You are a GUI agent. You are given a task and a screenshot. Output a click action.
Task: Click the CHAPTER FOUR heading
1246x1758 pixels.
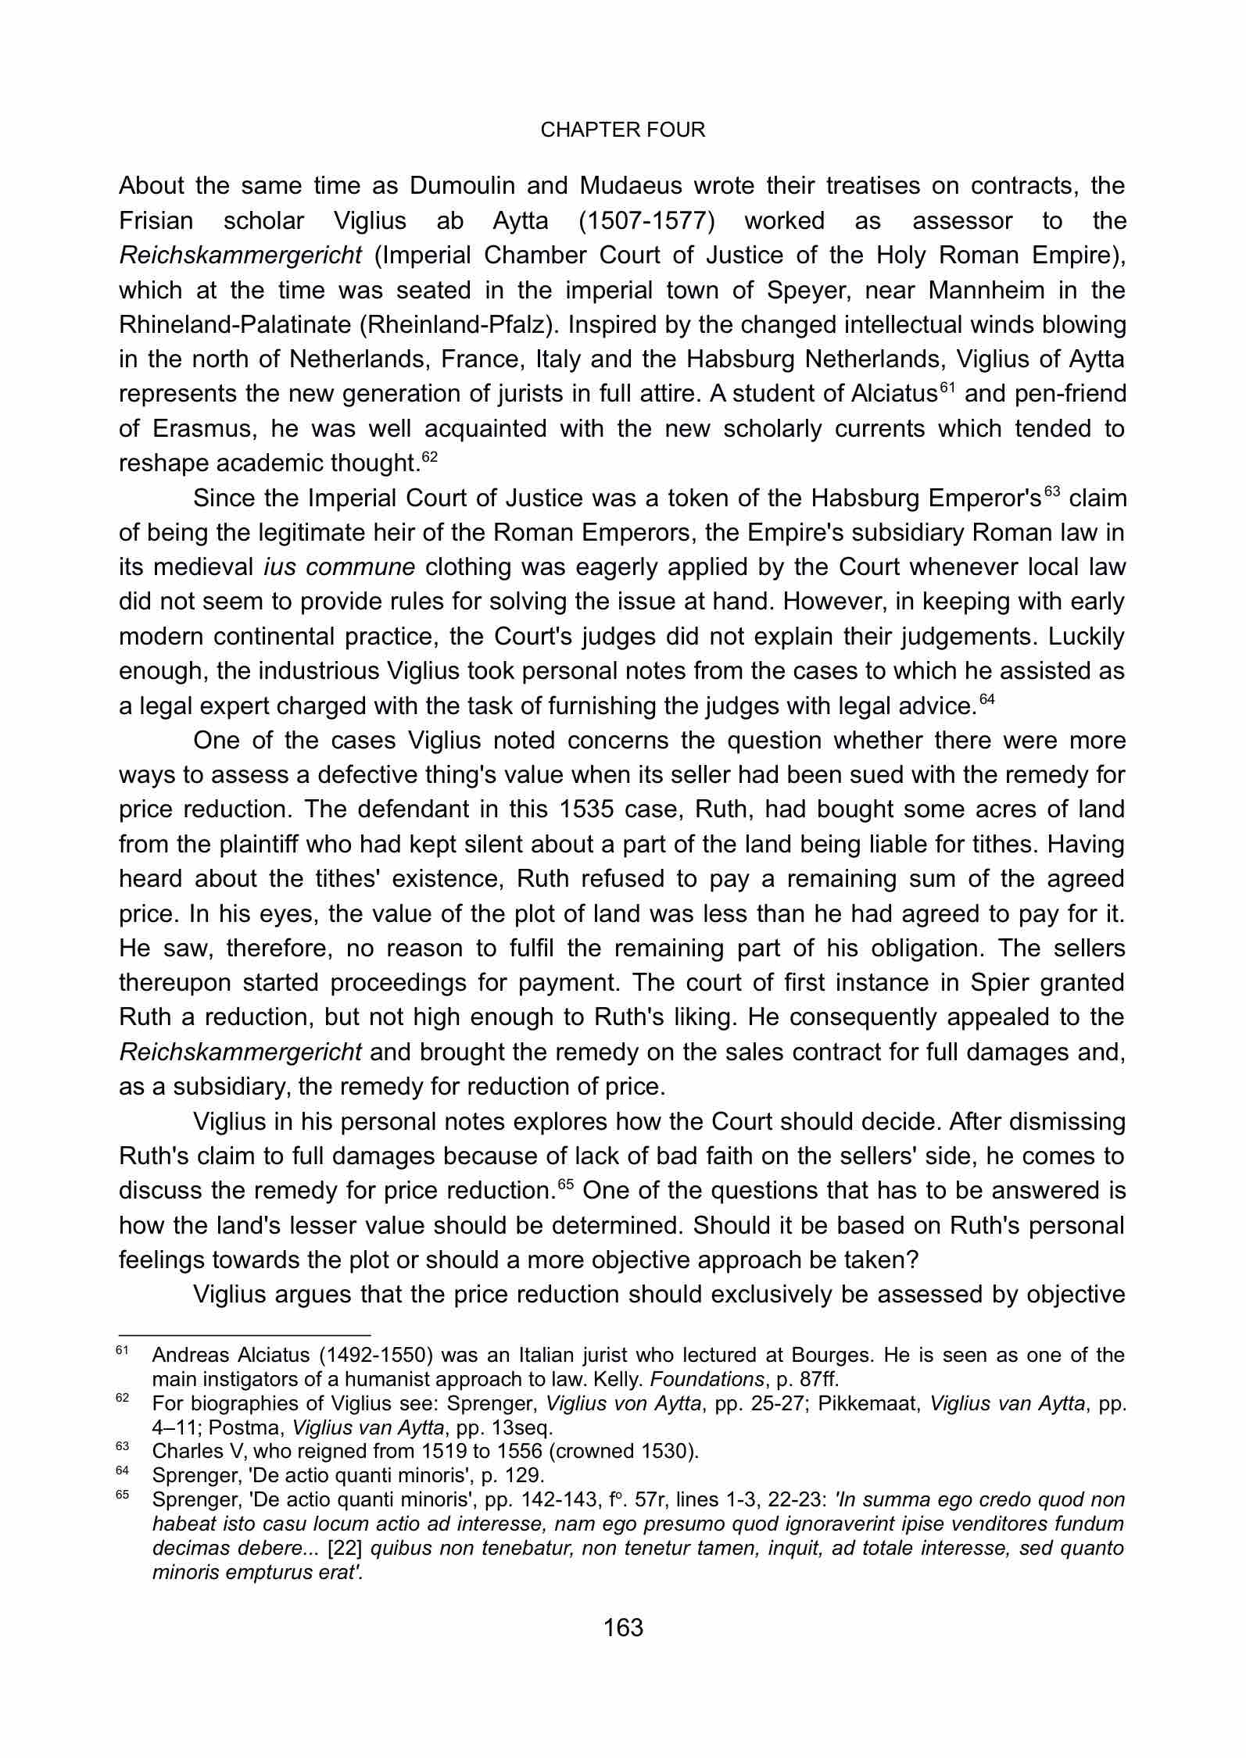tap(622, 130)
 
